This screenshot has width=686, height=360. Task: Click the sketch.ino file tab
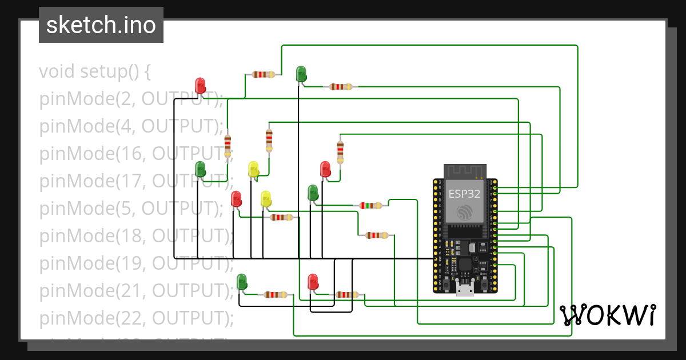[x=101, y=25]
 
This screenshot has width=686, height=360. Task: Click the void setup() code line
[x=95, y=72]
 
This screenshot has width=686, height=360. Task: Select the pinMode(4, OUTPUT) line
[x=131, y=126]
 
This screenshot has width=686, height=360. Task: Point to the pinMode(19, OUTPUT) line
[x=136, y=263]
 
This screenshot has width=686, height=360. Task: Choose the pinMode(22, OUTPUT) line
[x=136, y=317]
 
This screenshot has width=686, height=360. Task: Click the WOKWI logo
[x=607, y=315]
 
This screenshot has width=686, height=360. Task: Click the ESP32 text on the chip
[x=464, y=193]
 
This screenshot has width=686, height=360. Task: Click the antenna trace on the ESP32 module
[x=465, y=170]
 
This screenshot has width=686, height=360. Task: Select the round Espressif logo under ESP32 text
[x=464, y=213]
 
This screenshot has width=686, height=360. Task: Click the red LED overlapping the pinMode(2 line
[x=200, y=85]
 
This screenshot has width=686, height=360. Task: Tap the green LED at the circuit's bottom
[x=242, y=281]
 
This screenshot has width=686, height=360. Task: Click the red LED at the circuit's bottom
[x=313, y=281]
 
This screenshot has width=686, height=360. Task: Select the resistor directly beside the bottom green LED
[x=276, y=295]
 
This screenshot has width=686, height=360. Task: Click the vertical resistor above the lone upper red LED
[x=341, y=151]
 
